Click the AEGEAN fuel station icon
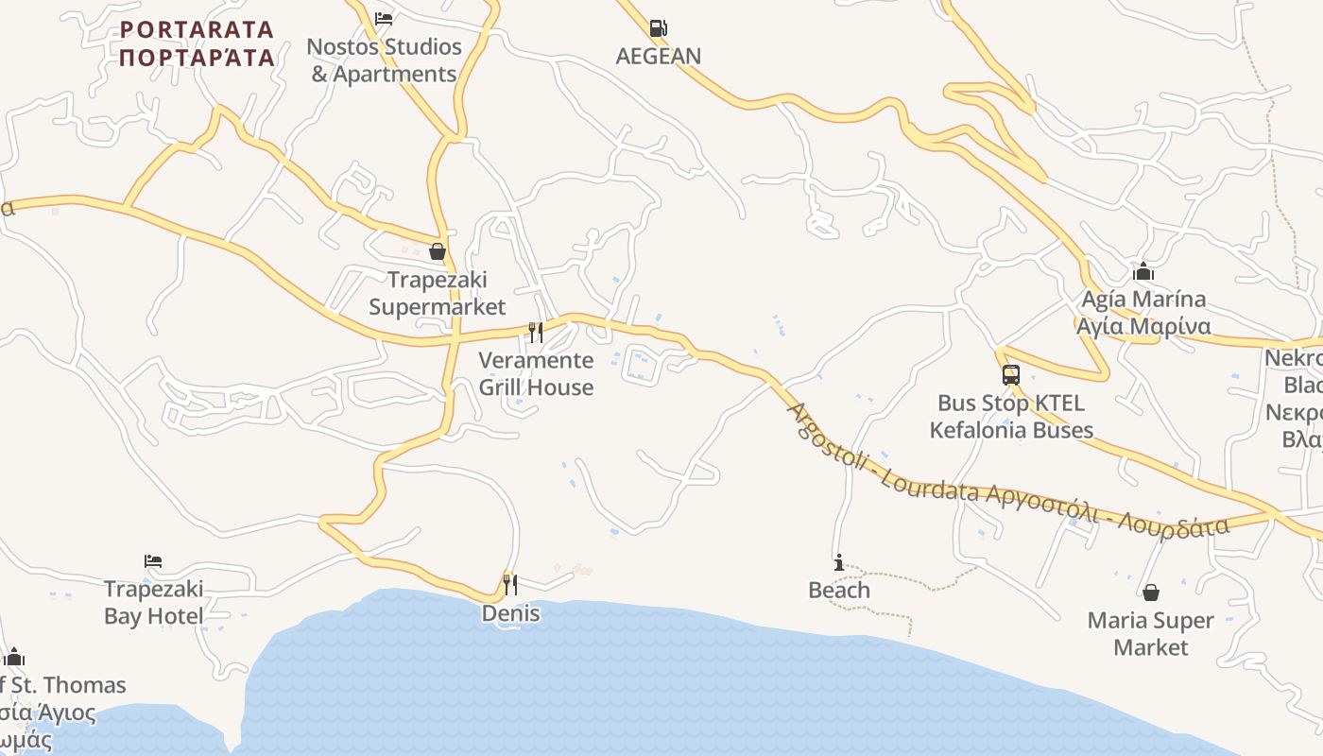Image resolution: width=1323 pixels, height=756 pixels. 659,27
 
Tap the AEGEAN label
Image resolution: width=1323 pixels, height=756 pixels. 659,56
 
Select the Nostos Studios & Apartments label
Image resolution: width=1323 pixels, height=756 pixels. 385,60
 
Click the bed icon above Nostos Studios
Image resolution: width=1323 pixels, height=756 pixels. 383,18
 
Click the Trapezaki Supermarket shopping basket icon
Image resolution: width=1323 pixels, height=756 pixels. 438,251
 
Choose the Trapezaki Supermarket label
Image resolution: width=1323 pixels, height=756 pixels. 438,293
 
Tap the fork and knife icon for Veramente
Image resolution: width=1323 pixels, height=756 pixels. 536,332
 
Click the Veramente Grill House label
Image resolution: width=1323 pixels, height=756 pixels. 536,373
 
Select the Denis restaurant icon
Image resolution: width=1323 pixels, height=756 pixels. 510,585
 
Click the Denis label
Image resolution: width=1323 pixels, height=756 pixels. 510,613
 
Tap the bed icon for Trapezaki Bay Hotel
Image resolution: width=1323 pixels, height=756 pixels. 153,561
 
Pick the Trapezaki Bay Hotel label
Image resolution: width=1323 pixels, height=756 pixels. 153,603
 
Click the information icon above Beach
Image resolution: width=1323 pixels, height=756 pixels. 838,563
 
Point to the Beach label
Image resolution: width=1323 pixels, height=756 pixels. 838,591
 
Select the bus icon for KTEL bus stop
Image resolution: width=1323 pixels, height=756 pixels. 1011,375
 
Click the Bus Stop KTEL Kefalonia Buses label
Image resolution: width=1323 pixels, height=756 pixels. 1011,417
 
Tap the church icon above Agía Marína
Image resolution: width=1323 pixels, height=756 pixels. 1143,272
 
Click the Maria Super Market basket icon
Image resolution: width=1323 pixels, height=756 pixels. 1151,593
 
